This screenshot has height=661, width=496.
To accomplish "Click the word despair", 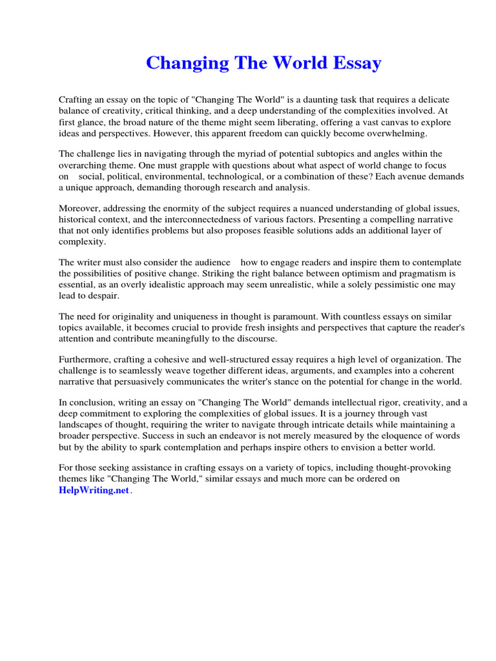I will point(102,295).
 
